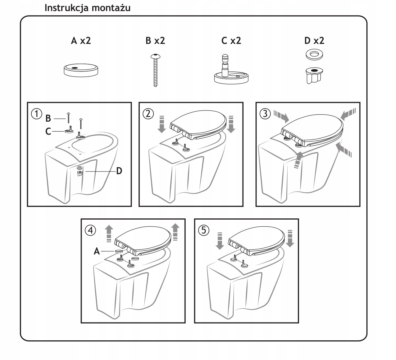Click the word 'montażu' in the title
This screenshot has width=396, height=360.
click(111, 8)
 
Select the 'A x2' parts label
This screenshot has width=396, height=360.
click(81, 40)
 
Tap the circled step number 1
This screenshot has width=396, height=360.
click(36, 113)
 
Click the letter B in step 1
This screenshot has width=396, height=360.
click(48, 118)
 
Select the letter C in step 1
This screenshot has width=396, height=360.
click(48, 131)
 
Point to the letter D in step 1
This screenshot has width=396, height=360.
click(119, 171)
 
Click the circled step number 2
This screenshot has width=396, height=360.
click(148, 113)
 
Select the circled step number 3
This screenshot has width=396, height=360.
click(265, 113)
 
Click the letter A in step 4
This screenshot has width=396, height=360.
click(97, 251)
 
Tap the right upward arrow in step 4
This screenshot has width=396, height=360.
click(175, 232)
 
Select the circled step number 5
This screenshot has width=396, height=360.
click(204, 230)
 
